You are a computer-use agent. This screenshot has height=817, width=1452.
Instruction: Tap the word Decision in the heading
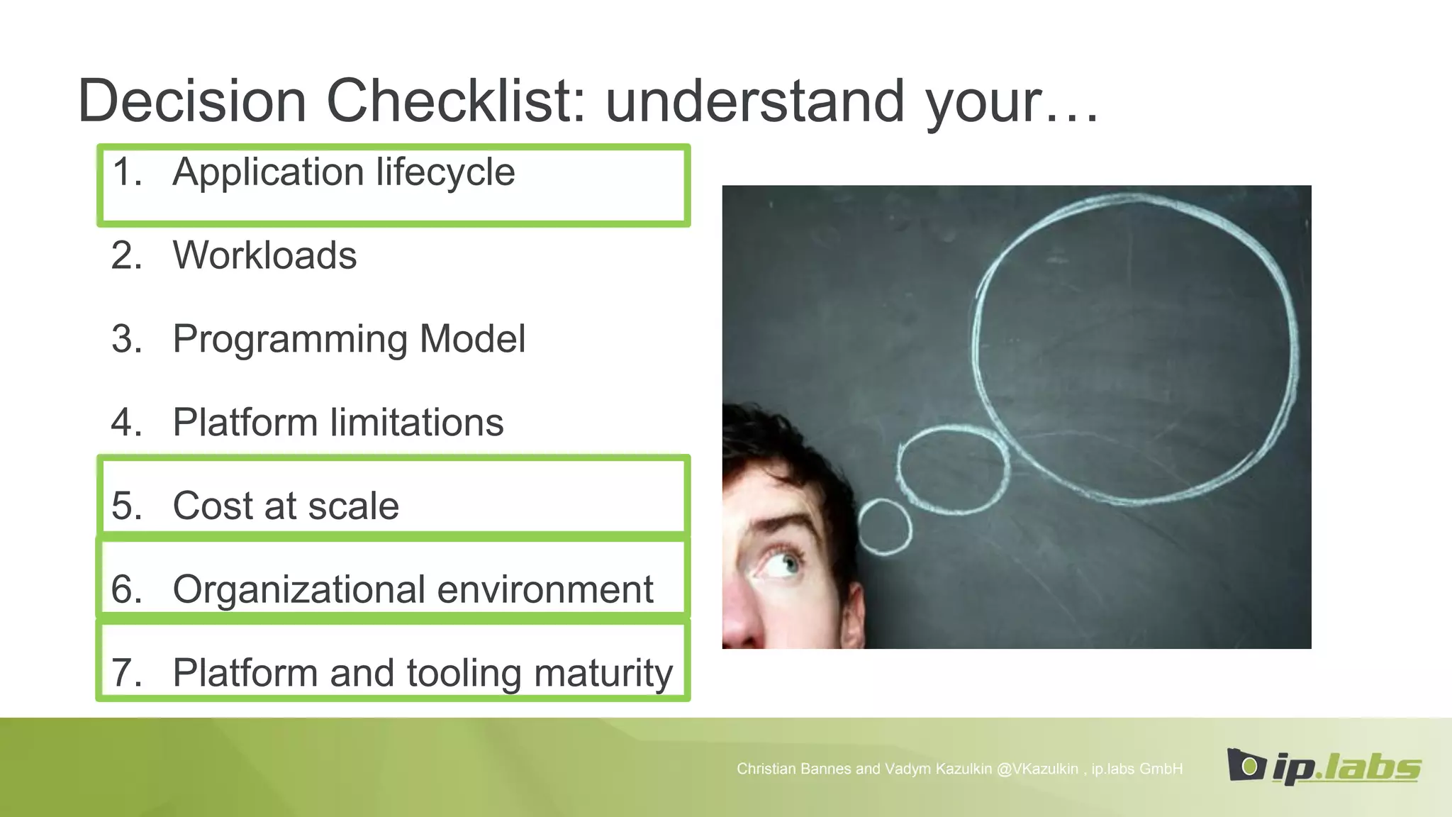point(192,101)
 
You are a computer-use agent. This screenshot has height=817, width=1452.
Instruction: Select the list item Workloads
point(264,255)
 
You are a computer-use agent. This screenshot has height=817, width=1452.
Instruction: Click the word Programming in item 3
point(290,340)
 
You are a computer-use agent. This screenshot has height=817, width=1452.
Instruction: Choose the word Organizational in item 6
point(299,590)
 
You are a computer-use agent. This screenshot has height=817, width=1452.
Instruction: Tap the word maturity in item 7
point(603,674)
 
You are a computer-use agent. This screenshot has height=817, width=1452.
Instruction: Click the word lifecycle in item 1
point(445,172)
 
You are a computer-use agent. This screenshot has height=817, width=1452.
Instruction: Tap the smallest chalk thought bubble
point(884,526)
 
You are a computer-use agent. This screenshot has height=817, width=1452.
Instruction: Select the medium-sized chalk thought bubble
point(952,468)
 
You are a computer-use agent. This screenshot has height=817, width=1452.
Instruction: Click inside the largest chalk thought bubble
point(1134,348)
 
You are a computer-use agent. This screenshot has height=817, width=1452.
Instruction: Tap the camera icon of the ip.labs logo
point(1246,765)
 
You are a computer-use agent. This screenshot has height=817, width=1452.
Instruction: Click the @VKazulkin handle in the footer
point(1037,769)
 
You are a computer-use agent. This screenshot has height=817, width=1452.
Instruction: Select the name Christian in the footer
point(765,769)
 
